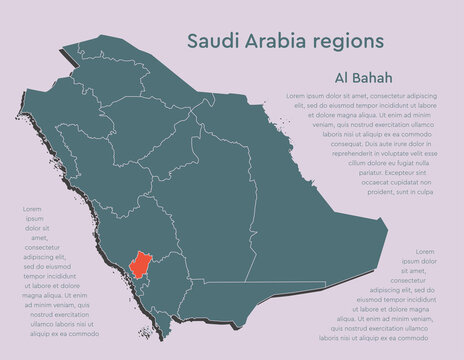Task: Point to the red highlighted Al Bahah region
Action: [143, 265]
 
